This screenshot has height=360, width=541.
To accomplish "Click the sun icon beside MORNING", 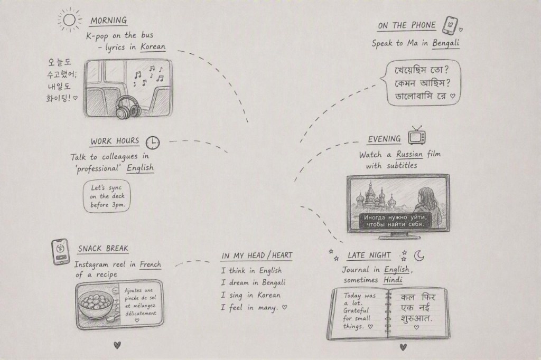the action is click(x=69, y=20).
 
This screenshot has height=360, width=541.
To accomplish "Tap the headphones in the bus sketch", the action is click(x=127, y=108).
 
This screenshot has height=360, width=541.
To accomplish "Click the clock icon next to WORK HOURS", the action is click(x=153, y=143).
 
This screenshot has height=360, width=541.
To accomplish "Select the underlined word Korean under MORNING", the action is click(x=153, y=46).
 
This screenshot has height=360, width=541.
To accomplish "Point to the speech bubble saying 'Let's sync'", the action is click(x=107, y=196).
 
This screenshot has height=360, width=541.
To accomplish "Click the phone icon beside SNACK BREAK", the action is click(x=61, y=252).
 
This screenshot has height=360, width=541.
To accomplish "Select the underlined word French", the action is click(x=150, y=264).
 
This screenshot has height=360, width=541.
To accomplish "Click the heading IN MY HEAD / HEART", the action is click(x=257, y=255).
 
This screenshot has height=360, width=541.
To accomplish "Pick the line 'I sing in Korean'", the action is click(x=251, y=295).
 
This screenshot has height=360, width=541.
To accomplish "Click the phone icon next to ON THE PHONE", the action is click(x=450, y=25).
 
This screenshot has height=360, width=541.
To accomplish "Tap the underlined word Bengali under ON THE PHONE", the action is click(x=446, y=43).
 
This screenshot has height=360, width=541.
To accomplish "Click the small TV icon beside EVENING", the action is click(x=417, y=136).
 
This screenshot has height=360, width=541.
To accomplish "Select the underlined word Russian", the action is click(x=409, y=154).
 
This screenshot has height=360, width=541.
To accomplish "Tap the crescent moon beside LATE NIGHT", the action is click(x=419, y=255).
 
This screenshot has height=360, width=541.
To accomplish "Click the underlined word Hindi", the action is click(x=393, y=280).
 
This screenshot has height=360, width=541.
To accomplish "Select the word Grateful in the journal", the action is click(x=356, y=311).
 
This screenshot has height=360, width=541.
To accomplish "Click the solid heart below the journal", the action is click(x=403, y=347).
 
